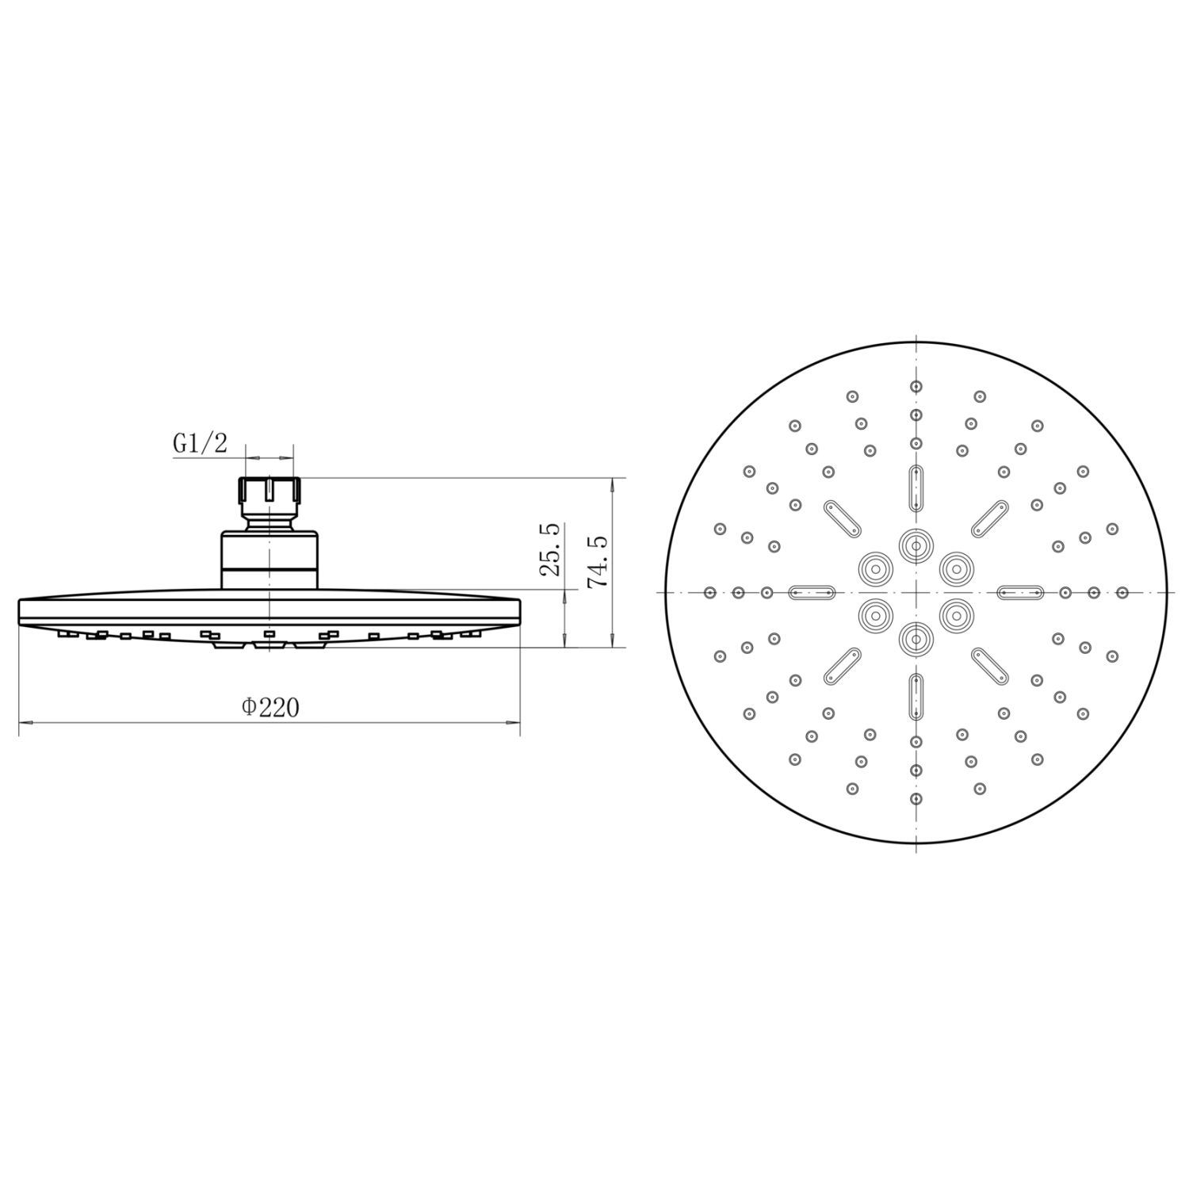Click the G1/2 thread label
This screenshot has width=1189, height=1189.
click(200, 443)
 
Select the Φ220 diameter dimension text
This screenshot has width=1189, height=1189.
click(270, 707)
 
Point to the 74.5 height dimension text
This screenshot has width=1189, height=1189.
click(598, 561)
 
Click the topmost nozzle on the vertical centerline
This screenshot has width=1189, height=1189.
click(916, 387)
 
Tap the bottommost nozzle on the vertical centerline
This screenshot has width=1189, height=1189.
click(916, 798)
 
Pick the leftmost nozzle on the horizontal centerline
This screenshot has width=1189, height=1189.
click(710, 592)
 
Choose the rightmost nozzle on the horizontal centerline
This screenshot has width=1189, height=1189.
click(1122, 592)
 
